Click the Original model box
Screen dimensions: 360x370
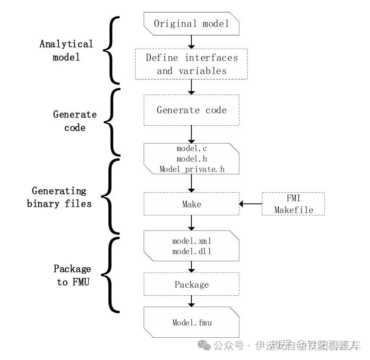coord(191,24)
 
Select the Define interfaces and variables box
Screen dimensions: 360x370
coord(191,64)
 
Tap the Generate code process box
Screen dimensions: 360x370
coord(191,110)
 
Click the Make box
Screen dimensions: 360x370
coord(191,204)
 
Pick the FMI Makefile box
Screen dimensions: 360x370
coord(293,204)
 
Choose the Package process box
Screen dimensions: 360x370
coord(191,284)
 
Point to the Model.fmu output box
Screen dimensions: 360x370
coord(191,323)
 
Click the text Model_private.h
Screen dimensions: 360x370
coord(191,169)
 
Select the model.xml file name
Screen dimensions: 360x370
coord(191,241)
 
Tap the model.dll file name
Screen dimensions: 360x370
coord(191,251)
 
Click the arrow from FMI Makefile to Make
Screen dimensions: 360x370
coord(250,204)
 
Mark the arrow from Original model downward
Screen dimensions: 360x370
coord(191,42)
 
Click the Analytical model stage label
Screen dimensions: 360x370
coord(66,51)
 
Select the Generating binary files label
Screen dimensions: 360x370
coord(59,197)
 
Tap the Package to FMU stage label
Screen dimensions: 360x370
coord(72,275)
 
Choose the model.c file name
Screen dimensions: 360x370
coord(191,149)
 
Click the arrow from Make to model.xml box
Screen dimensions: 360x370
coord(191,222)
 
